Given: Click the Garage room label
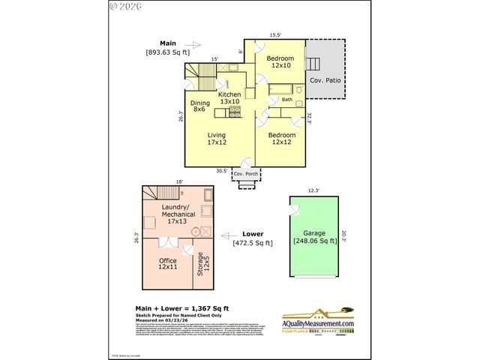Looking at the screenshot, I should (314, 232).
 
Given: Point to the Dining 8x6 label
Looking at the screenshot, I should (199, 106).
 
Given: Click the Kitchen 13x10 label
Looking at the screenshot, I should (229, 97).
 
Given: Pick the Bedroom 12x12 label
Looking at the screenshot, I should (283, 139).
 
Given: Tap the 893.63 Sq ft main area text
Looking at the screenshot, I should (168, 52).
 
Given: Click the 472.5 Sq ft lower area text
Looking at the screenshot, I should (253, 242).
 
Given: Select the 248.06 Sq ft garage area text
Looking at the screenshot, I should (314, 241).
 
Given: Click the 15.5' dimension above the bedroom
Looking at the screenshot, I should (276, 34).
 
